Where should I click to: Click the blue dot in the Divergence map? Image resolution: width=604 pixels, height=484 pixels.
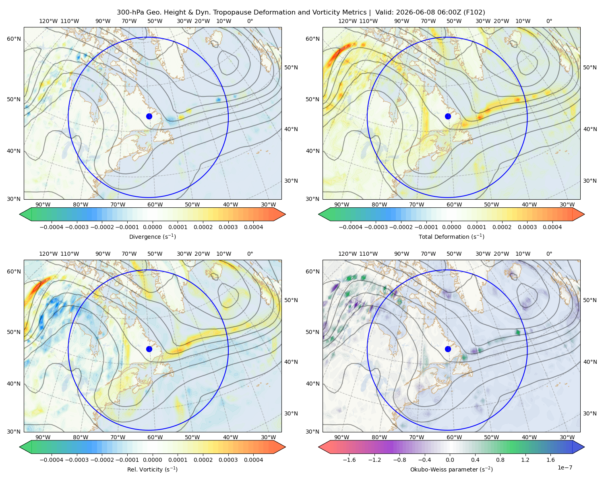[149, 116]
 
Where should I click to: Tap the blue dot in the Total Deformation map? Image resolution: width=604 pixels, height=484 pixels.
[448, 116]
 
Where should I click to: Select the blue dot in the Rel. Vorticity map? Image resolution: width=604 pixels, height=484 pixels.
[149, 349]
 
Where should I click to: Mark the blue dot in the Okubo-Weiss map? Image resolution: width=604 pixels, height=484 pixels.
[448, 349]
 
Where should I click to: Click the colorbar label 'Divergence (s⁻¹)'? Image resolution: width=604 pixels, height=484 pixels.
[152, 236]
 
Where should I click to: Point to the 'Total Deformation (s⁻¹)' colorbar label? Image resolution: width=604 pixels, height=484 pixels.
[451, 236]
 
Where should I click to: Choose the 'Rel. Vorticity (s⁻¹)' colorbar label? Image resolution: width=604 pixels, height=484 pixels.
[152, 469]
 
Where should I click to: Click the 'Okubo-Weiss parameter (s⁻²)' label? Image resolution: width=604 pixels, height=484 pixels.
[451, 469]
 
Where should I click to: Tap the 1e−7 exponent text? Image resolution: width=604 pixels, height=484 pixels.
[565, 467]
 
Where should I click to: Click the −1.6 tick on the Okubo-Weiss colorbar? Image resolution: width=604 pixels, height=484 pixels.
[349, 459]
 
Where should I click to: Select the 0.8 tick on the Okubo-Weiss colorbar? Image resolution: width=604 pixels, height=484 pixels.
[500, 459]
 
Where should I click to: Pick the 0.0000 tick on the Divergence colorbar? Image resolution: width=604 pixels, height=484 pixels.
[152, 227]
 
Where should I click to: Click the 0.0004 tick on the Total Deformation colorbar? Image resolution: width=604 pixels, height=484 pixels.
[552, 227]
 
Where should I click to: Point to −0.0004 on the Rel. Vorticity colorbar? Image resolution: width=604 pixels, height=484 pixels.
[52, 459]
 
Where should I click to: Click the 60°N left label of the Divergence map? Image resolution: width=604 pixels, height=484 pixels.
[14, 39]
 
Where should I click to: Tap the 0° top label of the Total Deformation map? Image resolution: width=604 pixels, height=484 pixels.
[549, 21]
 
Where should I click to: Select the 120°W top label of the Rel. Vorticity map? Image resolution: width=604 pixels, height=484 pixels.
[48, 253]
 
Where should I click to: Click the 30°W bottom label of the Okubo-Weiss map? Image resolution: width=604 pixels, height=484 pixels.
[567, 437]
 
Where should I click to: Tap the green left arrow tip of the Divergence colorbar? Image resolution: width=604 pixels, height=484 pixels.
[20, 214]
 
